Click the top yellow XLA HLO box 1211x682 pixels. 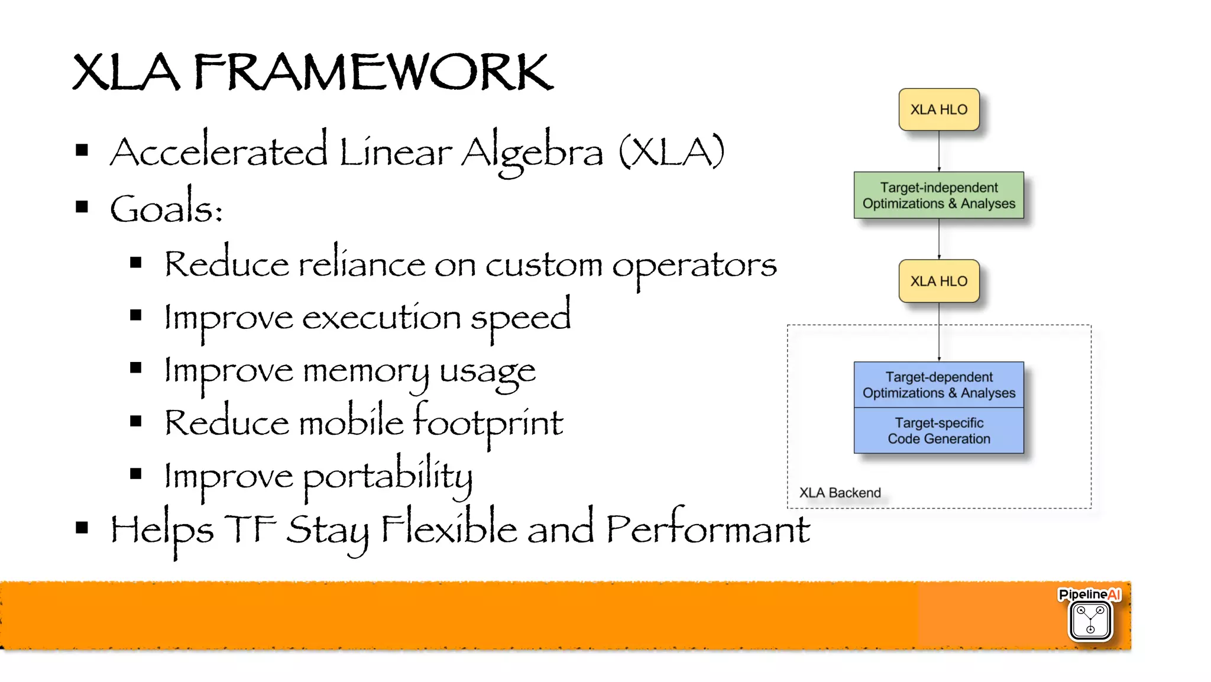coord(938,109)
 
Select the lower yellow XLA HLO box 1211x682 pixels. coord(938,281)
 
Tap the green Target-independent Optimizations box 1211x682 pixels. coord(938,195)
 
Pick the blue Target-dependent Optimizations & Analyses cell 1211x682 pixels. coord(938,384)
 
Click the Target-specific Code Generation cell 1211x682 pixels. coord(938,431)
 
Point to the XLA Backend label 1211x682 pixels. coord(840,493)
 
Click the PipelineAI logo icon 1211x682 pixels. coord(1090,620)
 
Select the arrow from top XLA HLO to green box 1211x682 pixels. coord(939,151)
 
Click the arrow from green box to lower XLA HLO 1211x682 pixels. coord(939,239)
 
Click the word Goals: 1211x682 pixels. coord(166,209)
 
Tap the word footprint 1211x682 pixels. coord(488,424)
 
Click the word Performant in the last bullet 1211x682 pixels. coord(708,529)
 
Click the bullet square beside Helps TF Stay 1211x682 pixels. coord(82,528)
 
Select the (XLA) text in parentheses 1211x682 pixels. coord(671,153)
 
